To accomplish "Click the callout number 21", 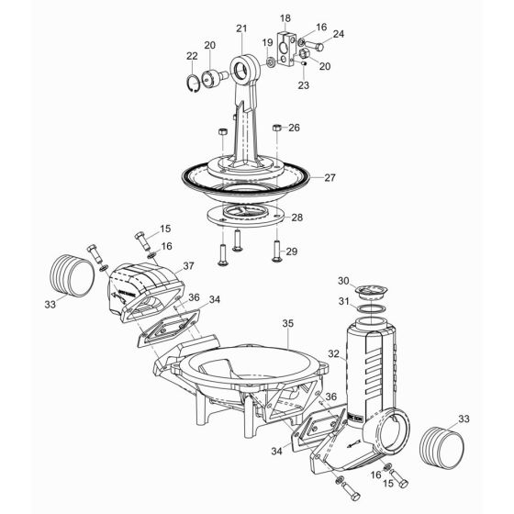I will pos(241,29).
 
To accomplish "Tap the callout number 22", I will pos(192,56).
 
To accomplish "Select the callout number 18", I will pos(285,17).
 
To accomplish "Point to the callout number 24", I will pos(339,35).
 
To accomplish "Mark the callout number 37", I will pos(188,265).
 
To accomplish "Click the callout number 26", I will pos(294,128).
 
